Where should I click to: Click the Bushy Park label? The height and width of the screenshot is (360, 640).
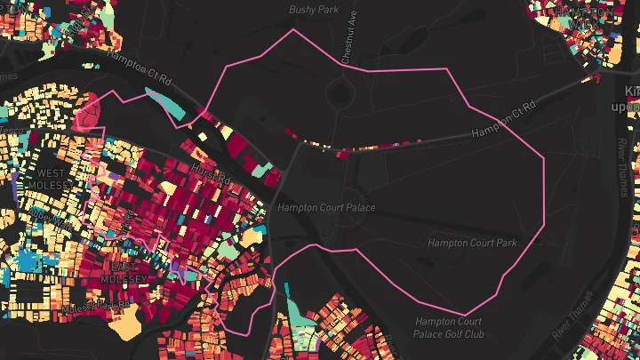coord(315,10)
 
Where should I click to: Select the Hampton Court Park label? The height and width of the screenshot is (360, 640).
coord(472,242)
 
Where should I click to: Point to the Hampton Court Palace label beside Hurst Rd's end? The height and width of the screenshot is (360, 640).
coord(325,207)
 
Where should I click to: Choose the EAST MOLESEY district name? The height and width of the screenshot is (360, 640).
coord(125,271)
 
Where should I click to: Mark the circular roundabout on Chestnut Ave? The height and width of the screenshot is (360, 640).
coord(338,89)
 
